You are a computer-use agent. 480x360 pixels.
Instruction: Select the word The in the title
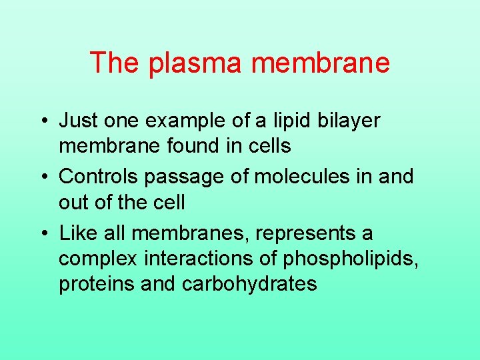click(114, 63)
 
